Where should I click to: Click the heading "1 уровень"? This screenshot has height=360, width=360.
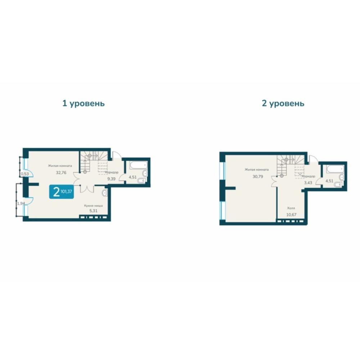pos(84,104)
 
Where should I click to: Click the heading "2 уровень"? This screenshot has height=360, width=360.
pos(283,104)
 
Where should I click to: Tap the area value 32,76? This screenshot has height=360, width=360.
pos(61,173)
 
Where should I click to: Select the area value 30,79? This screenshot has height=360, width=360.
pos(258,176)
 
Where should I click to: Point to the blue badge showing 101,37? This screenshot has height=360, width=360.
pos(62,192)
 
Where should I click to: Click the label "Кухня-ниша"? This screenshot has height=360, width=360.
pos(94,206)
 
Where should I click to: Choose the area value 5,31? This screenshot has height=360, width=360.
pos(94,211)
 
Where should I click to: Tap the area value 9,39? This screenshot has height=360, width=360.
pos(111,179)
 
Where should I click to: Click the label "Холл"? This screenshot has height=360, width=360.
pos(291,208)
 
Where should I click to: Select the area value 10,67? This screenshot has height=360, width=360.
pos(291,215)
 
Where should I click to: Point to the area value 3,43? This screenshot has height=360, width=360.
pos(308,183)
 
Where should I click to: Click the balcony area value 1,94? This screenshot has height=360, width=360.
pos(21,203)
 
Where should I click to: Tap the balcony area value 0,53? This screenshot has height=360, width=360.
pos(25,174)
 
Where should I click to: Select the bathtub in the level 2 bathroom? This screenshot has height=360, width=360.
pos(335,169)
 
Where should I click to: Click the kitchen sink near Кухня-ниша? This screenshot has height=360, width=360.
pos(105,193)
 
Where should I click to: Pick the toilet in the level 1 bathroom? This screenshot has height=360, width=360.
pos(141,181)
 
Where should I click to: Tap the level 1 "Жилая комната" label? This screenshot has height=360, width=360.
pos(60,166)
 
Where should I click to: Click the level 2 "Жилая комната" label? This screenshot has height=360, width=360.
pos(256,170)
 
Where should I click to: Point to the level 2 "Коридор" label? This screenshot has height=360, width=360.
pos(309,176)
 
